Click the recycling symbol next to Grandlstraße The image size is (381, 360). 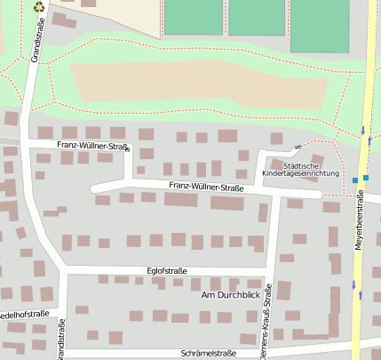click(x=38, y=7)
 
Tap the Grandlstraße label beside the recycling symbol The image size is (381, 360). click(x=38, y=38)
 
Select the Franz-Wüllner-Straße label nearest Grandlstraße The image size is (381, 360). click(x=93, y=144)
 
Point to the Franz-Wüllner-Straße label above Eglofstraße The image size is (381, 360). click(x=205, y=188)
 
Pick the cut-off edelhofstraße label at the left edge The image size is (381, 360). click(x=24, y=314)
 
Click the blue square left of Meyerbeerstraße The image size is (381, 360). click(x=355, y=180)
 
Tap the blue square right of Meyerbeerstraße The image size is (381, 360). click(x=366, y=177)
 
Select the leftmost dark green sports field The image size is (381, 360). click(x=193, y=16)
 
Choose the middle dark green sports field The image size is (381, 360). click(x=255, y=16)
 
